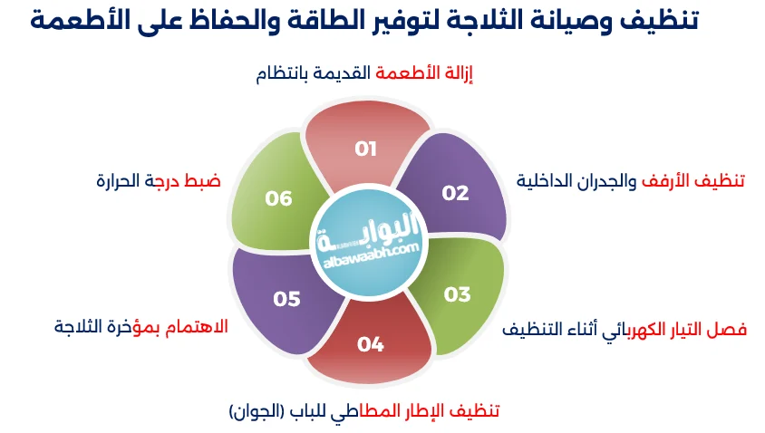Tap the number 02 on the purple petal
455,192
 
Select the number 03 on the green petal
458,294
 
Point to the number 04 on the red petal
370,343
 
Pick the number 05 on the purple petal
286,299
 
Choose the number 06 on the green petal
279,198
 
